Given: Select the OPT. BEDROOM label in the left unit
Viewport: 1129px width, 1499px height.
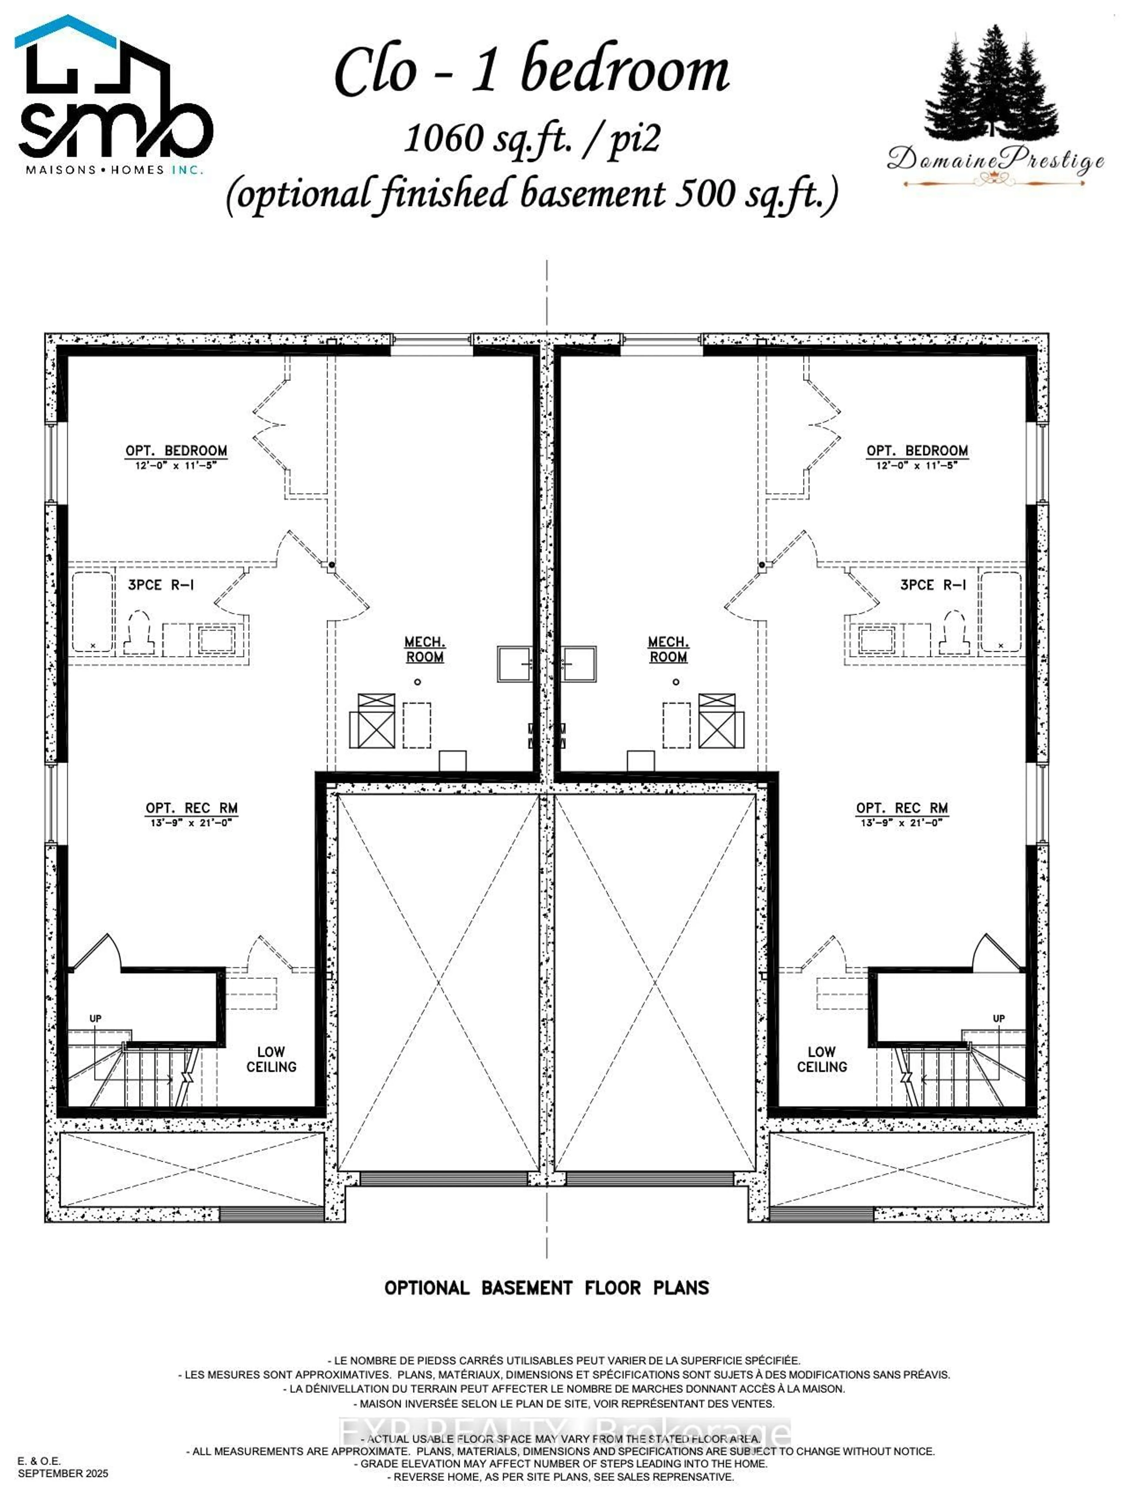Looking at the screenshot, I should click(176, 451).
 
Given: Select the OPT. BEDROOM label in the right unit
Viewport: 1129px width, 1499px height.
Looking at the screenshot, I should click(917, 451).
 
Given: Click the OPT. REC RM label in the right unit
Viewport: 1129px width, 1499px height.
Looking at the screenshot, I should click(901, 808).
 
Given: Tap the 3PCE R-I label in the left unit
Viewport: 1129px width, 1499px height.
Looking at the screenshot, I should click(161, 584).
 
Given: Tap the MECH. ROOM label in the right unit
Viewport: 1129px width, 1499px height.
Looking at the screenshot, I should click(668, 649).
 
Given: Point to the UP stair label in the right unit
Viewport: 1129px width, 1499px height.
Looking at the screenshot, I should click(998, 1019).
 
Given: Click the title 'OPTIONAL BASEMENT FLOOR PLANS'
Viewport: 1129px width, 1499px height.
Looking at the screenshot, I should click(546, 1288).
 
